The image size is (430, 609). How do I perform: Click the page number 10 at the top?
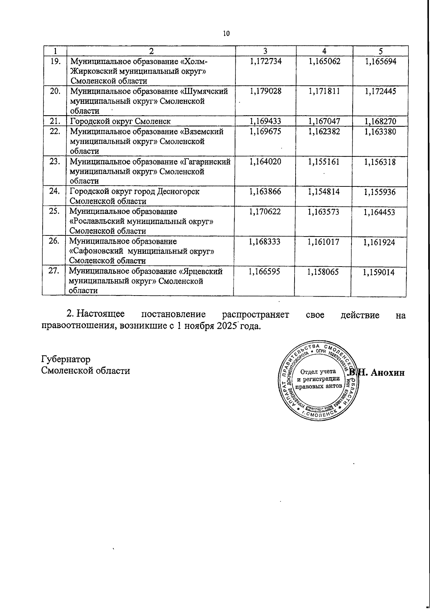point(226,34)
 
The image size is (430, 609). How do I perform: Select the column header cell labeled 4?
point(324,51)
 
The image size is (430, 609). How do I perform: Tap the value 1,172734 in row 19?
point(265,62)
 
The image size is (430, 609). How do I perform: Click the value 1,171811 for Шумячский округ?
point(324,92)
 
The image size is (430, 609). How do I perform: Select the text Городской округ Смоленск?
point(120,121)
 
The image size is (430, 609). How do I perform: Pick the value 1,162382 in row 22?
point(324,132)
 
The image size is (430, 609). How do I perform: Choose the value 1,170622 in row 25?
point(265,212)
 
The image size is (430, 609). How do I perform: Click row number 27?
point(54,272)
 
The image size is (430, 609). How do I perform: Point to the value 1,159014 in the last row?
point(379,273)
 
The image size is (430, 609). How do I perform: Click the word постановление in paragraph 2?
point(174,315)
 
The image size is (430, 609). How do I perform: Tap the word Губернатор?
point(66,359)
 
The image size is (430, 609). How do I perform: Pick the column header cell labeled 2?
point(151,51)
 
